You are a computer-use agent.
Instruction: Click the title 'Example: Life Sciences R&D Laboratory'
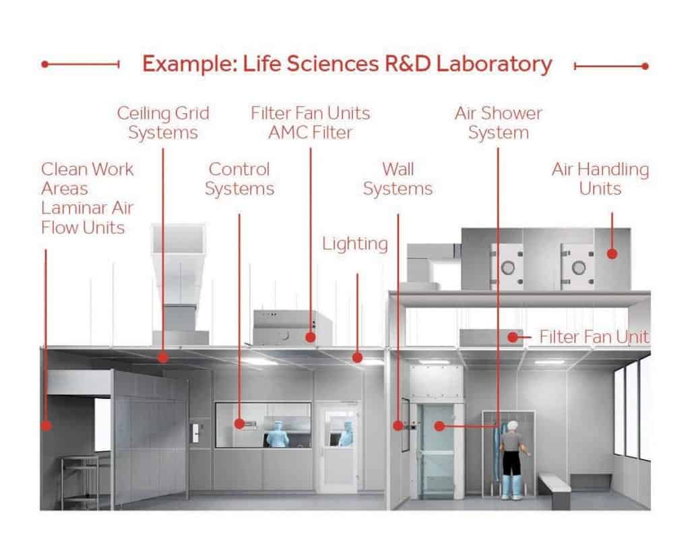(x=347, y=65)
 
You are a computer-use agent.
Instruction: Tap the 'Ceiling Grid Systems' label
(x=163, y=122)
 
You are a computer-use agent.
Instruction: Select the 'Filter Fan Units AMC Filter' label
(x=310, y=122)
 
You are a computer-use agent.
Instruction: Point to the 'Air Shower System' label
(x=498, y=122)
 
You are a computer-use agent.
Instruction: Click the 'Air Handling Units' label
(x=600, y=179)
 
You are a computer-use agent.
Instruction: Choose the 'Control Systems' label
(x=239, y=179)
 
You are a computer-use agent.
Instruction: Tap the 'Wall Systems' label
(x=398, y=179)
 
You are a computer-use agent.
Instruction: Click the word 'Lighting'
(x=355, y=243)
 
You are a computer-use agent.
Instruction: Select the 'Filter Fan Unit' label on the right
(x=594, y=336)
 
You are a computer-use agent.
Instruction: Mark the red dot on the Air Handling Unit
(x=612, y=253)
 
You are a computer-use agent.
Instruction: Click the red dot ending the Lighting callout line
(x=358, y=357)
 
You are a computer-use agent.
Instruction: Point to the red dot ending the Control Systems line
(x=239, y=424)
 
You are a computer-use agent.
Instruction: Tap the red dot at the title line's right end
(x=645, y=66)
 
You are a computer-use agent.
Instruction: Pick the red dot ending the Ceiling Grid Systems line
(x=163, y=357)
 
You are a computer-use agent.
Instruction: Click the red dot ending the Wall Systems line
(x=398, y=426)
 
